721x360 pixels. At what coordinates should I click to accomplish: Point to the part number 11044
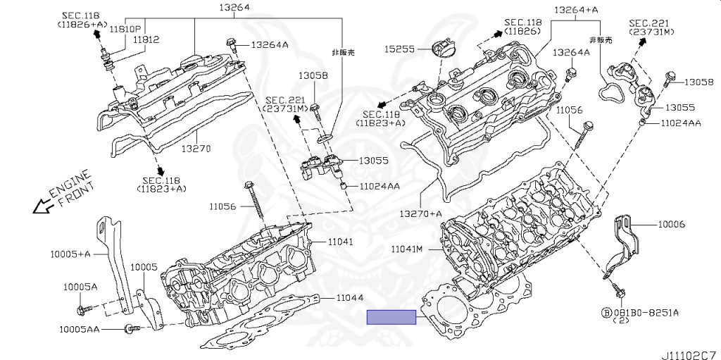tap(350, 298)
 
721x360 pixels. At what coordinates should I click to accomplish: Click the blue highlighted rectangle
tap(392, 316)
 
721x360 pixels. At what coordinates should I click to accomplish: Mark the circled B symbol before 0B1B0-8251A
tap(605, 311)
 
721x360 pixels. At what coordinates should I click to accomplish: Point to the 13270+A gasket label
tap(421, 213)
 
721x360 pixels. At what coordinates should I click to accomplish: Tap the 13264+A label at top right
tap(576, 10)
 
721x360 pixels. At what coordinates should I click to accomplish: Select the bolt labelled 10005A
tap(80, 309)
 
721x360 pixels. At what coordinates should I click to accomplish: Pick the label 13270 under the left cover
tap(196, 149)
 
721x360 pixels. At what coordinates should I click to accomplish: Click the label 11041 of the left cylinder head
tap(341, 242)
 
